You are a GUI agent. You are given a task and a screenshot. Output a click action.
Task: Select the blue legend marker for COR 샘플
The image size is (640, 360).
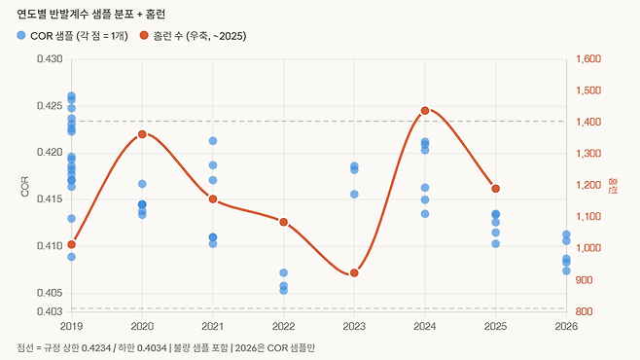[22, 35]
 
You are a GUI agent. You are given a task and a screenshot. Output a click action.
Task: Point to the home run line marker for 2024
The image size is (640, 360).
[425, 111]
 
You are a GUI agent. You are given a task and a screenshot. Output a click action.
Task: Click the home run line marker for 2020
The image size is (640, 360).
[142, 134]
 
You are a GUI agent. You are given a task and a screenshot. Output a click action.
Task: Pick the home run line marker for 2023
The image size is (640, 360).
[354, 272]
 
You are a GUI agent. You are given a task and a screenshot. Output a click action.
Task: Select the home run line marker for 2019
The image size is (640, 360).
[71, 244]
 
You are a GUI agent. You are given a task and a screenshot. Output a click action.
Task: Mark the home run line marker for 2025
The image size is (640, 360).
[496, 188]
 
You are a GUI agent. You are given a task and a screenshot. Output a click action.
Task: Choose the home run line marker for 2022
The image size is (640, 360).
[283, 222]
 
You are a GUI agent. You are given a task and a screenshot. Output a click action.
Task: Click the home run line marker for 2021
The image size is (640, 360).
[213, 199]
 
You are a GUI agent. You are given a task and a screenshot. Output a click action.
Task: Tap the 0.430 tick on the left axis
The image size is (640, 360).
[49, 59]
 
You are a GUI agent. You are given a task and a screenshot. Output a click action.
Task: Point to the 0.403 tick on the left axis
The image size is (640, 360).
[49, 311]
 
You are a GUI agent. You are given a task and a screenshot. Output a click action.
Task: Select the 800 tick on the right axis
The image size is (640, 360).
[584, 311]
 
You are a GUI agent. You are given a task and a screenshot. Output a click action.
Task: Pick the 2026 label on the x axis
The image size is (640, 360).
[565, 327]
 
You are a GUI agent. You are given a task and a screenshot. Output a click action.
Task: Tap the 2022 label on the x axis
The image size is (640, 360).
[283, 327]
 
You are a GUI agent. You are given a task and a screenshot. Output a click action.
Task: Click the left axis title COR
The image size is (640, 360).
[26, 186]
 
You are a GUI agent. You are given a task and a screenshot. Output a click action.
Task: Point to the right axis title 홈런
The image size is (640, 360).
[612, 185]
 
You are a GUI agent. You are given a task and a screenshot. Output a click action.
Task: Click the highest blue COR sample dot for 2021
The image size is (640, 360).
[213, 141]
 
